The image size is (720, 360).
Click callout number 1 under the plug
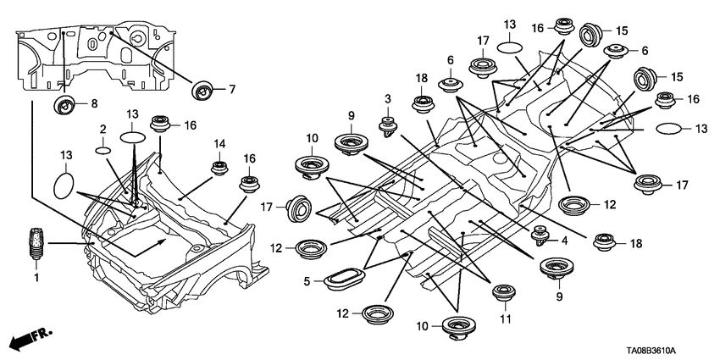(36, 277)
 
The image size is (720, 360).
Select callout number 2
(102, 128)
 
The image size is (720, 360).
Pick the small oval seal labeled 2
(102, 150)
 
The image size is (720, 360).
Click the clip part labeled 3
(390, 125)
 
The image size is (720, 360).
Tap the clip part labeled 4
(538, 232)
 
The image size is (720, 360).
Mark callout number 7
(231, 89)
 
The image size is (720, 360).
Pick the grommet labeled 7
(203, 89)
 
